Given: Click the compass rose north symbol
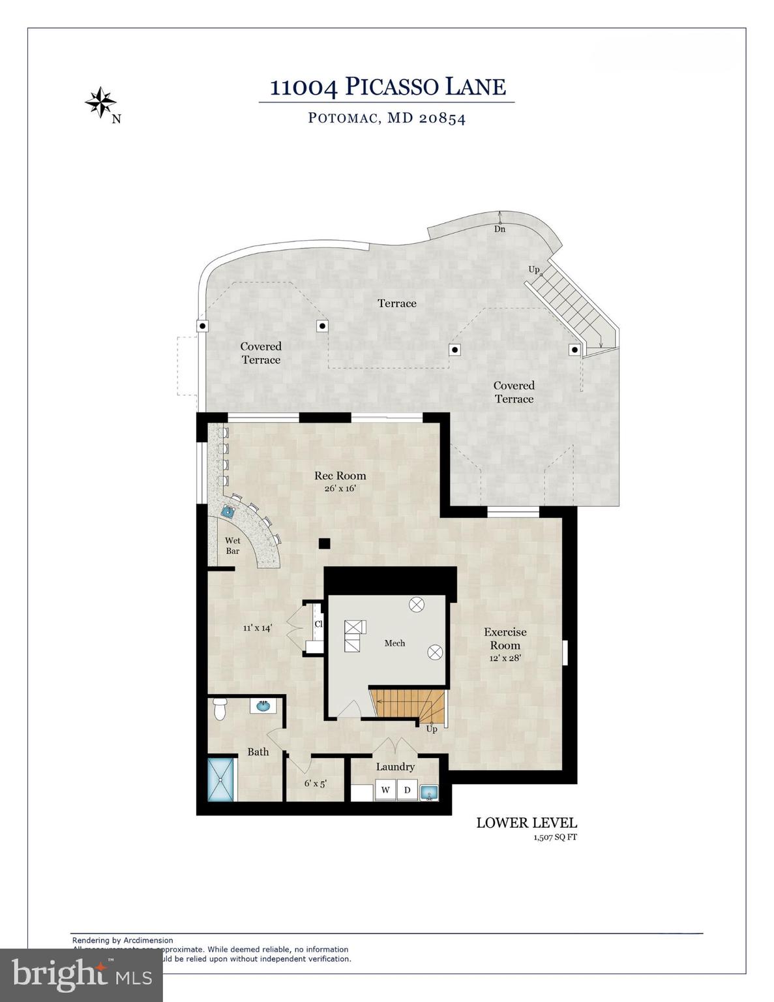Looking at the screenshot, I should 101,103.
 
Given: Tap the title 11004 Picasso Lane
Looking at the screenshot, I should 387,87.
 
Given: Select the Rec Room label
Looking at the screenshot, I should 340,476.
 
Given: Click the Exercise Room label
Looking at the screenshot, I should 505,639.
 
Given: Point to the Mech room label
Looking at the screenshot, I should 394,643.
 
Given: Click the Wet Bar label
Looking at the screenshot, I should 233,545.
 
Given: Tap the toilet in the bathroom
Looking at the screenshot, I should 220,708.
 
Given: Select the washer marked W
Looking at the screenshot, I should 385,791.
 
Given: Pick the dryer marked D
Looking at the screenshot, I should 408,791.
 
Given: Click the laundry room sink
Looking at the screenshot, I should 429,793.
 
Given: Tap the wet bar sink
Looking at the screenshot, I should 228,511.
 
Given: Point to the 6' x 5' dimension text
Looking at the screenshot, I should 315,783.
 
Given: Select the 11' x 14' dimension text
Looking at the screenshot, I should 257,628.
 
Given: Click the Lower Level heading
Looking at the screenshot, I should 526,823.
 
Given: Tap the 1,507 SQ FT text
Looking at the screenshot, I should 555,838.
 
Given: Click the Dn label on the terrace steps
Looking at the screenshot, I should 499,229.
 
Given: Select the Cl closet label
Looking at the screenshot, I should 318,624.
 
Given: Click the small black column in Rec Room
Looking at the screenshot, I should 324,543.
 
